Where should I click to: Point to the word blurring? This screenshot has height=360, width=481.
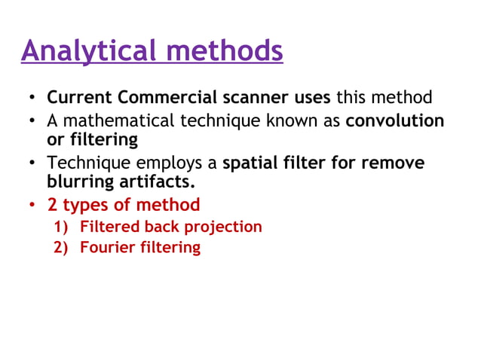pyautogui.click(x=79, y=182)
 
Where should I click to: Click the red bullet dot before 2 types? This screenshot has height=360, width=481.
pyautogui.click(x=32, y=206)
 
